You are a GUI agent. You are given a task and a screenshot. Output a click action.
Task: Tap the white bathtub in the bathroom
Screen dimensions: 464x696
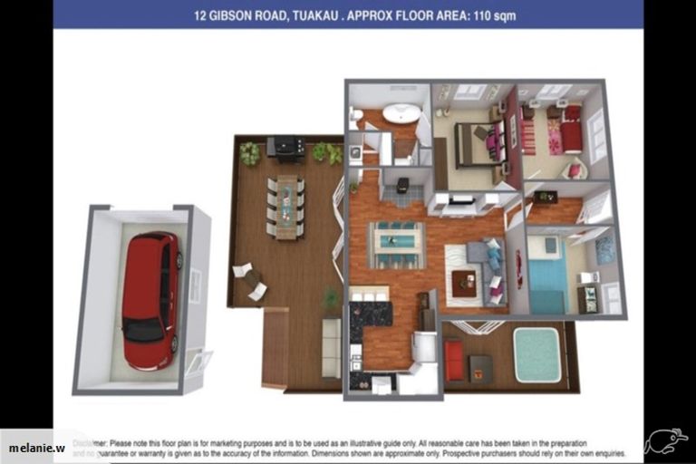click(x=401, y=114)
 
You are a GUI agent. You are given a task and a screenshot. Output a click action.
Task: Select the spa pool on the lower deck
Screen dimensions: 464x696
click(x=536, y=354)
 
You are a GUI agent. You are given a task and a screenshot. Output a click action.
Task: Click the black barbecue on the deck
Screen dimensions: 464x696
click(x=285, y=147)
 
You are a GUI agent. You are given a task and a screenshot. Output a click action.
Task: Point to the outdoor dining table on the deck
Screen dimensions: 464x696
click(x=286, y=206)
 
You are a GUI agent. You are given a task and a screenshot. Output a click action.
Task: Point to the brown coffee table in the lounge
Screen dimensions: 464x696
click(x=464, y=283)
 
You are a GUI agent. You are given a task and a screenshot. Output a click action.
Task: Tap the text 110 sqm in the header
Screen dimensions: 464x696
click(x=495, y=15)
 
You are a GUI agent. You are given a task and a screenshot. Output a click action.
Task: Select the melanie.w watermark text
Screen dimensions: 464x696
click(x=38, y=448)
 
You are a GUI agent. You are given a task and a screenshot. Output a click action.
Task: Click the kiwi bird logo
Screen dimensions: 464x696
click(x=664, y=441)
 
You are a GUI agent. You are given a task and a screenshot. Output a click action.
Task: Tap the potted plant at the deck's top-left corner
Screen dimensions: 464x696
click(x=248, y=154)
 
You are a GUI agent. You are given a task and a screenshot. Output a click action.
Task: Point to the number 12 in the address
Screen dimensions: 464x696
click(x=200, y=15)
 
